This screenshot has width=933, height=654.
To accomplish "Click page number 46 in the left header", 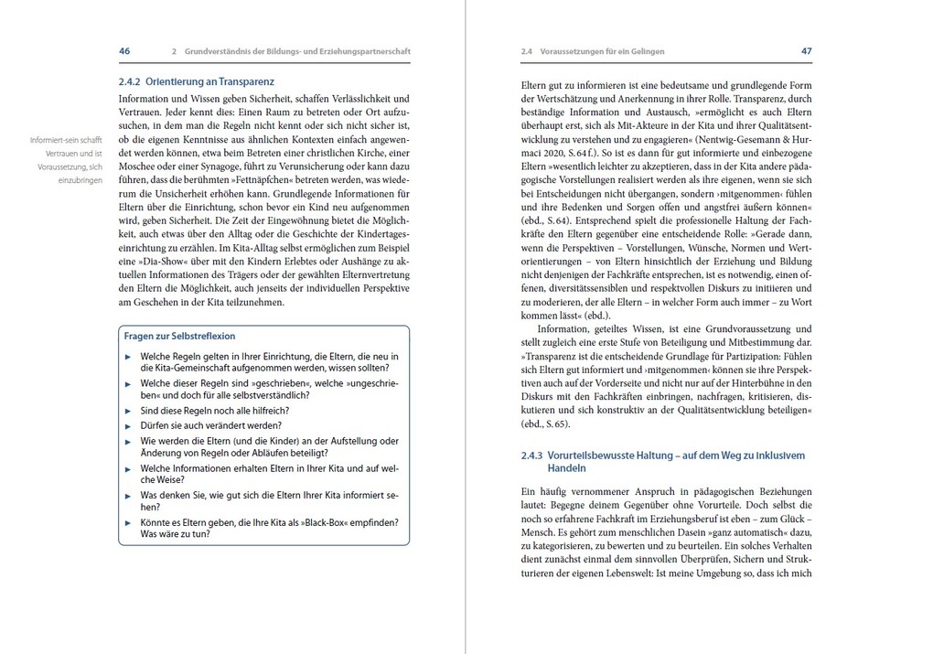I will (x=125, y=51).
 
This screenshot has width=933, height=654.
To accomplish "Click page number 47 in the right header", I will (x=806, y=51).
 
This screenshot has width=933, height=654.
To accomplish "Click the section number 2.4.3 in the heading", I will (x=531, y=454).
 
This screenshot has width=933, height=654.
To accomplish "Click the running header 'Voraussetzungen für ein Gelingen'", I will (x=601, y=51).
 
